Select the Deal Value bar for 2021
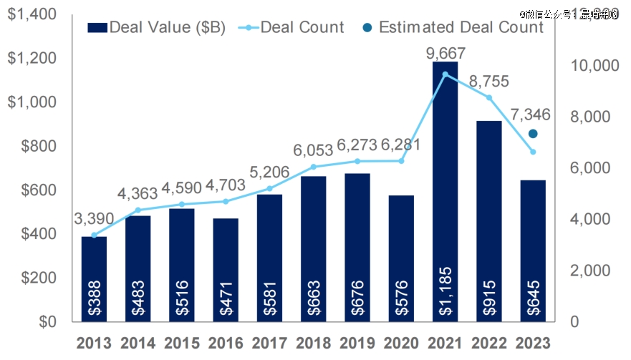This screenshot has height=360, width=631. click(445, 179)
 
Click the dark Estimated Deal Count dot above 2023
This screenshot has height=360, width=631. click(533, 134)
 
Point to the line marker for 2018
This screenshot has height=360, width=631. click(313, 167)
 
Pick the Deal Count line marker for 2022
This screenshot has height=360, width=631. click(489, 97)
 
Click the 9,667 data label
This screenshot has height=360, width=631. click(445, 53)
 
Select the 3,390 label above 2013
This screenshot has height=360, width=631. click(94, 218)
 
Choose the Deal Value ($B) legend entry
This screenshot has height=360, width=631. click(157, 27)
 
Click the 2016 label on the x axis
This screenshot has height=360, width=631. click(226, 342)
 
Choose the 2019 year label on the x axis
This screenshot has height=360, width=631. click(357, 342)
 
